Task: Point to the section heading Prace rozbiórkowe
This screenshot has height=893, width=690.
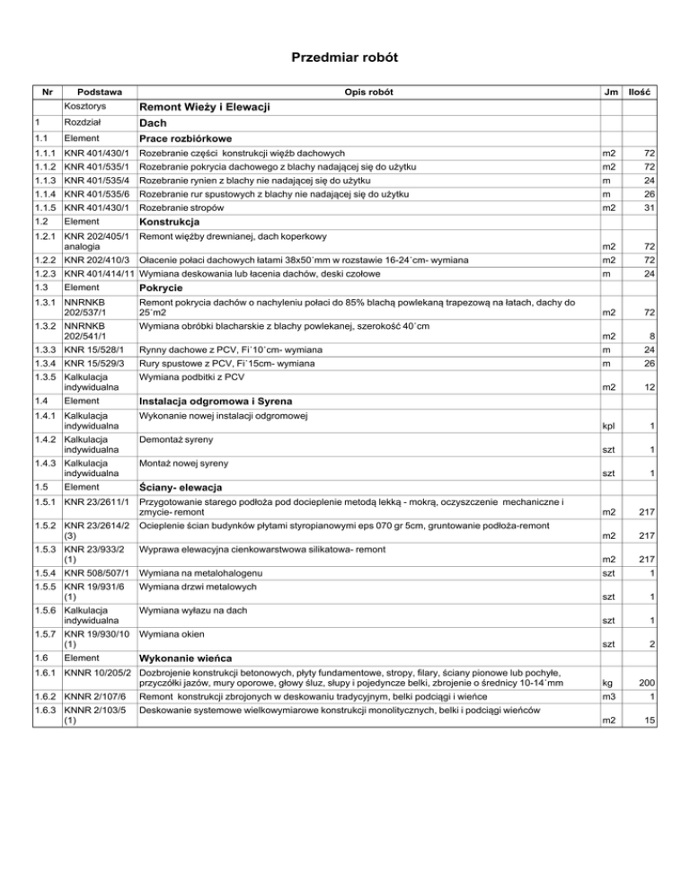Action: pyautogui.click(x=186, y=138)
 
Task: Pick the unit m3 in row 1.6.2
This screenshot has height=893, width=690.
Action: pyautogui.click(x=608, y=697)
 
